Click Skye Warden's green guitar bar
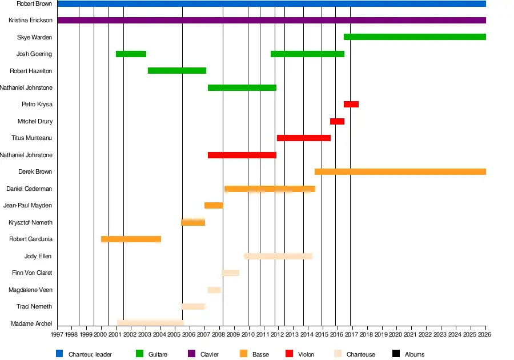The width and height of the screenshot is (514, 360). click(x=415, y=37)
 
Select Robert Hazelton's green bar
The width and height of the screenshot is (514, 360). click(x=176, y=71)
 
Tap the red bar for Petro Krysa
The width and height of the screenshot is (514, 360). click(x=351, y=105)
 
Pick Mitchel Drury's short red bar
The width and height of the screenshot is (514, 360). click(x=337, y=121)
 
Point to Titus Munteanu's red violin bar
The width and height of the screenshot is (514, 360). click(x=303, y=138)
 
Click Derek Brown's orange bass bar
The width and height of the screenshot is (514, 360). click(x=400, y=172)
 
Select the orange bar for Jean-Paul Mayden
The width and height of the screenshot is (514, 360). click(x=214, y=206)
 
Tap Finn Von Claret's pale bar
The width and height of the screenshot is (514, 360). click(x=231, y=273)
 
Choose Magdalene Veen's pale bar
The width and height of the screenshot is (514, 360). click(x=214, y=290)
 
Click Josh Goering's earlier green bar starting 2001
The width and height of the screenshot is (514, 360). click(x=131, y=54)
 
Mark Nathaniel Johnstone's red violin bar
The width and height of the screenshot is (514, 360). click(x=242, y=155)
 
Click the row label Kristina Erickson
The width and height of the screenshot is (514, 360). click(x=31, y=21)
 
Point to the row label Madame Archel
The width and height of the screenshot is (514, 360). click(x=31, y=324)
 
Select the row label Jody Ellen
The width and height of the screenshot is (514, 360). click(x=38, y=257)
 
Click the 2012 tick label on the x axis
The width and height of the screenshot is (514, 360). click(x=278, y=334)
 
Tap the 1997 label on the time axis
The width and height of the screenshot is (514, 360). click(x=57, y=334)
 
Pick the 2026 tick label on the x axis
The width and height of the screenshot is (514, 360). click(x=485, y=334)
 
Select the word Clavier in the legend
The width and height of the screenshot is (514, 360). click(x=210, y=355)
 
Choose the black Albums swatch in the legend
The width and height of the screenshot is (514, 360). click(x=396, y=354)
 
